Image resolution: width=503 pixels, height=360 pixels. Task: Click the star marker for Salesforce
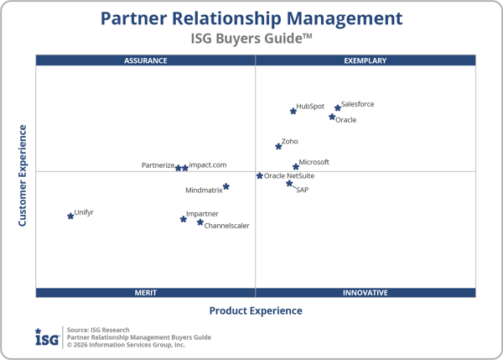(x=338, y=108)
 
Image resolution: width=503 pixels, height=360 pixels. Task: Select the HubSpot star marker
(x=293, y=111)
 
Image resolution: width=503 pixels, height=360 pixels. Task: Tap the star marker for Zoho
(x=279, y=147)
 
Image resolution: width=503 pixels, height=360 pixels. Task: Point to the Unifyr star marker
(x=70, y=216)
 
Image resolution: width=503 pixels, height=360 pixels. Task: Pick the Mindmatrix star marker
(x=226, y=186)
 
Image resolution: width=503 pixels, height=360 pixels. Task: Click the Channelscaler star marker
(x=200, y=222)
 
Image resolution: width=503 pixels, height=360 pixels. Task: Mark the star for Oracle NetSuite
(x=260, y=176)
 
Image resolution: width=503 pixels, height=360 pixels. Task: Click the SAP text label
(x=303, y=190)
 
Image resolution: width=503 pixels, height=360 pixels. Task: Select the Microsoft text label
(x=314, y=162)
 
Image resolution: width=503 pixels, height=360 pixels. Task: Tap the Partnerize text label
(x=158, y=165)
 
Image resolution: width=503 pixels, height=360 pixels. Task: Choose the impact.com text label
(x=208, y=165)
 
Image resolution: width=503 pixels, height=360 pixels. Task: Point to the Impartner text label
(x=202, y=214)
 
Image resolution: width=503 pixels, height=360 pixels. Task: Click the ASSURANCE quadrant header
(x=146, y=60)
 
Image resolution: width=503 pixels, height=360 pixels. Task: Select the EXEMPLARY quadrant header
(x=366, y=60)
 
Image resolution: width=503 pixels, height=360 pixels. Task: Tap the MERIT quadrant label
(x=146, y=293)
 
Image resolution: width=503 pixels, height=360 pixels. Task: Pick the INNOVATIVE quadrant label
(x=366, y=293)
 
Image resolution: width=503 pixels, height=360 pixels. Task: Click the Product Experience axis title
(x=256, y=310)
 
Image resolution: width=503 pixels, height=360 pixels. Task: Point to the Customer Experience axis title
(x=23, y=175)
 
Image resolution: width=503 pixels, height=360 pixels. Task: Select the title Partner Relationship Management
(x=251, y=18)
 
